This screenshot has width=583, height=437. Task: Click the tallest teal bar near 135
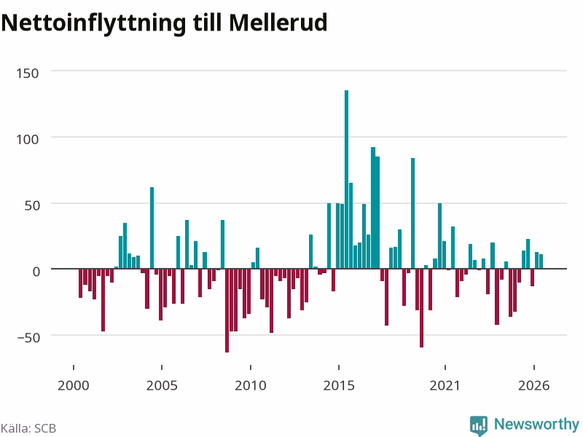[346, 179]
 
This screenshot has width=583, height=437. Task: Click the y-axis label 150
[28, 74]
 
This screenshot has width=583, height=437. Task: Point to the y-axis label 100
[28, 139]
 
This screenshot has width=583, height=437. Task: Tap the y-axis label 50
[32, 205]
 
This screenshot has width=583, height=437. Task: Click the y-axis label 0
[36, 272]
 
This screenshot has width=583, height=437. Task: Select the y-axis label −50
[28, 338]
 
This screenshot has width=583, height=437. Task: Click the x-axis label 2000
[74, 385]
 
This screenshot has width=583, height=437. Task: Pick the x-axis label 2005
[162, 385]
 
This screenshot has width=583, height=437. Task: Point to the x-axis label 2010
[250, 385]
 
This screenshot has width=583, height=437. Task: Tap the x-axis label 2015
[339, 385]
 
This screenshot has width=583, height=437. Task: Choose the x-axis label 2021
[445, 385]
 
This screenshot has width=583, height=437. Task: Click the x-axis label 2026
[533, 385]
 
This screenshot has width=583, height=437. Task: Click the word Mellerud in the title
[278, 23]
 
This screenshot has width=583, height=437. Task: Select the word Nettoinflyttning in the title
[93, 23]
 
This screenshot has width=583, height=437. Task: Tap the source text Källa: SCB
[28, 428]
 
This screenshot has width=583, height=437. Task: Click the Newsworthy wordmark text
[536, 424]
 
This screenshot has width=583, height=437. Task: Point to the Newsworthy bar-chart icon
[479, 425]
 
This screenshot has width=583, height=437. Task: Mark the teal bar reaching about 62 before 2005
[152, 228]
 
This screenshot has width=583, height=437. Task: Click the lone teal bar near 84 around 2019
[412, 213]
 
